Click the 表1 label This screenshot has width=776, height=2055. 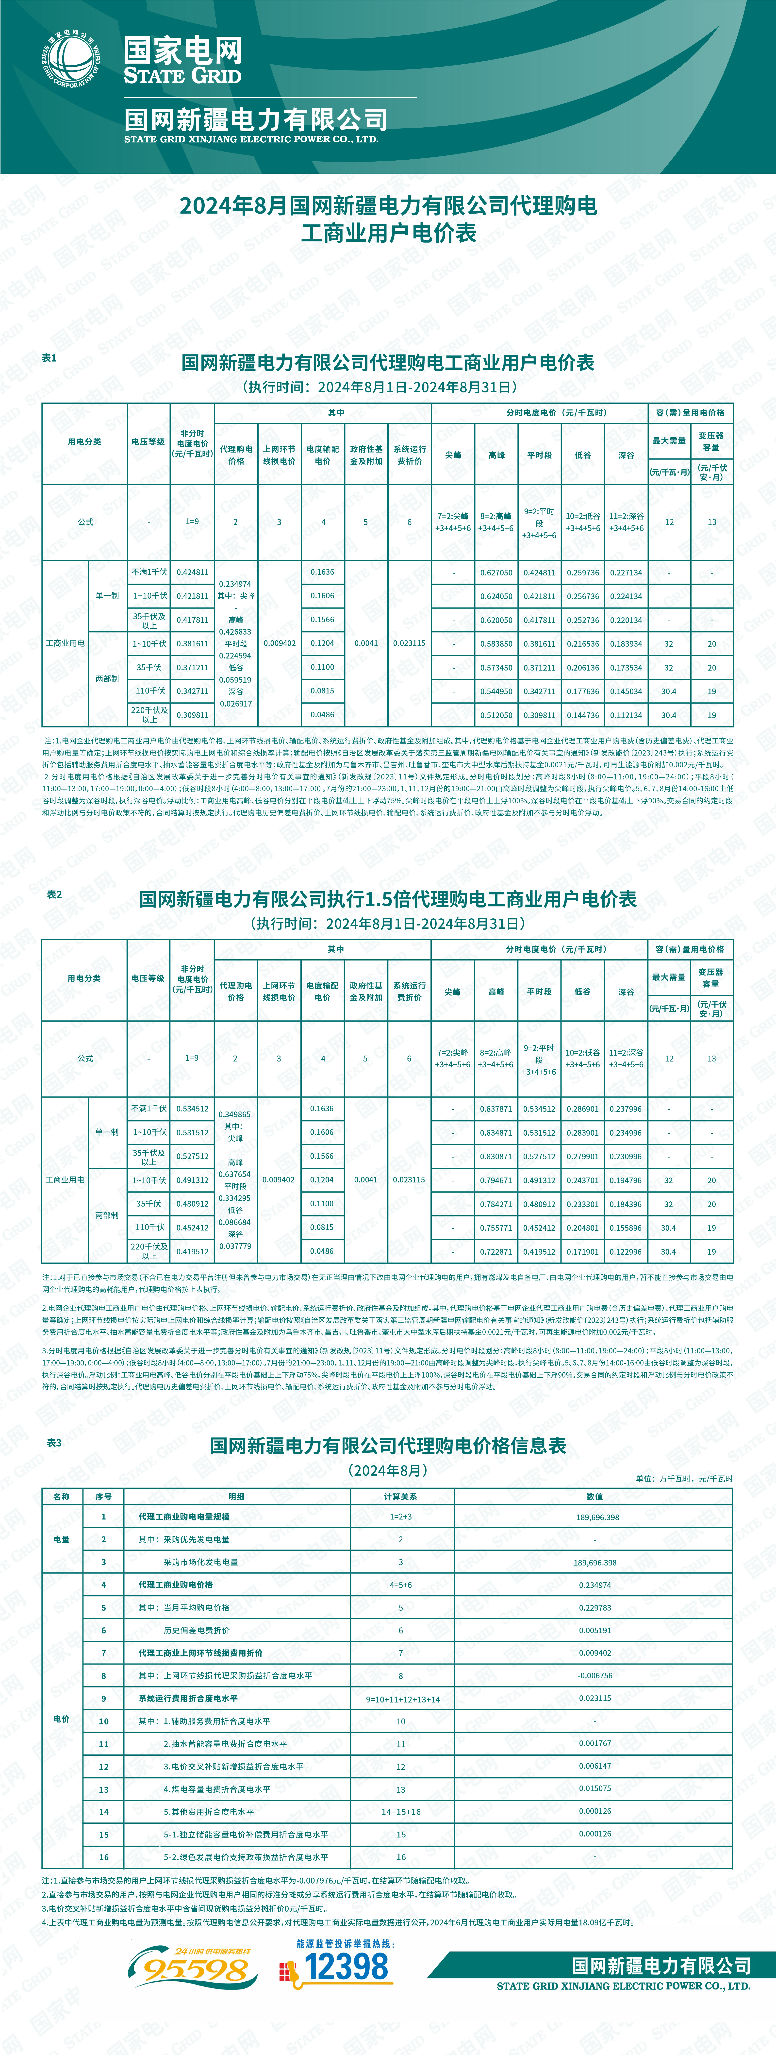50,358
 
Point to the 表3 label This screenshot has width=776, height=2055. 54,1442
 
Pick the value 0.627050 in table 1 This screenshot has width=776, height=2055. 496,573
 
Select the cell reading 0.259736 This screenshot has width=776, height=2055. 583,573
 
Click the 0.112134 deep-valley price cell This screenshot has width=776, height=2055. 626,716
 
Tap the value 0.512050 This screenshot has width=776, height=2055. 496,716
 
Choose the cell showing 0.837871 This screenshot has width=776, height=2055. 496,1109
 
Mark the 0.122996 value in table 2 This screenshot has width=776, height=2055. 626,1252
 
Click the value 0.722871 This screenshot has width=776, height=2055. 496,1252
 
